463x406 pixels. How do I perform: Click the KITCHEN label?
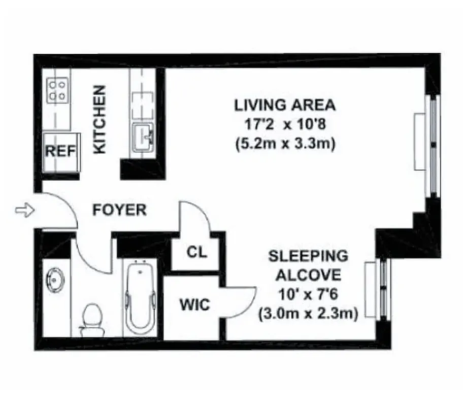101,120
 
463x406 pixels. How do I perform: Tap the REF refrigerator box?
60,151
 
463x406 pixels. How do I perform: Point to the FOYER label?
120,210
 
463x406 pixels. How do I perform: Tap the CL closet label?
196,252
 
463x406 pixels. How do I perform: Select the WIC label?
194,305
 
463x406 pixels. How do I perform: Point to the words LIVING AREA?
285,106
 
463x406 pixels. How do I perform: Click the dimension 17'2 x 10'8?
285,124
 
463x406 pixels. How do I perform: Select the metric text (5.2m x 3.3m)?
285,144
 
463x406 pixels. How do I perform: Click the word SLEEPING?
308,255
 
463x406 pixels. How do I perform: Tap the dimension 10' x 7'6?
308,294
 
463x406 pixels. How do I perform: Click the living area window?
432,145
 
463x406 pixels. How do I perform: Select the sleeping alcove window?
383,289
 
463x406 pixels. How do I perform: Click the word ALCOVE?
308,275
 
